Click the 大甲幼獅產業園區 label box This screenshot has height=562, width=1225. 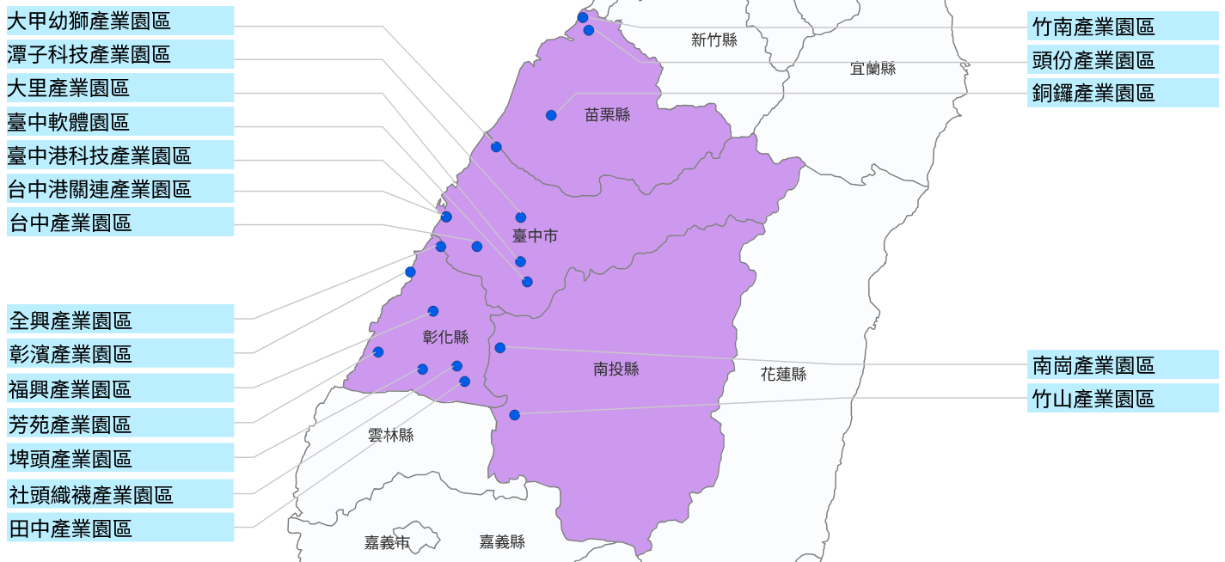point(119,21)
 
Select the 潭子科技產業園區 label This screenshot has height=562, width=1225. point(119,55)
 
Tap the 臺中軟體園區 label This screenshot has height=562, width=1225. point(119,122)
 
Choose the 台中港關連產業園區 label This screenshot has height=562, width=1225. point(119,188)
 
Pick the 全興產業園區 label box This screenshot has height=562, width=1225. point(119,320)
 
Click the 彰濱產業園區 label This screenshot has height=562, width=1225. point(119,353)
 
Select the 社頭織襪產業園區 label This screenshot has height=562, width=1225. point(119,494)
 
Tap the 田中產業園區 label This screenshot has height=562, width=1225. point(119,528)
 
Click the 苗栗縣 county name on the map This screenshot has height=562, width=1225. point(607,114)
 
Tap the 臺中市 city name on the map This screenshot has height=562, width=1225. point(535,235)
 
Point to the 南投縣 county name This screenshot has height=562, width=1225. point(616,370)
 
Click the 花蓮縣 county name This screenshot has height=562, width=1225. point(783,374)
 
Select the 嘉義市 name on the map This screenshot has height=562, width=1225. point(387,542)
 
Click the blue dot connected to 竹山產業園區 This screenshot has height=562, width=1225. point(514,415)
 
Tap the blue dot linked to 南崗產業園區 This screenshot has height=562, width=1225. point(500,348)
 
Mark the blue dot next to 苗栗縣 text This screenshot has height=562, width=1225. point(551,115)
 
